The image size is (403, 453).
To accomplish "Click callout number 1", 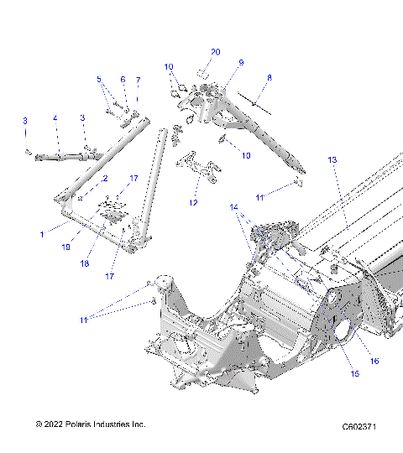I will point(42,235).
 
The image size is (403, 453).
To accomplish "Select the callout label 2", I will point(105,179).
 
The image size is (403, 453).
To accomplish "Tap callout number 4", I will point(55,119).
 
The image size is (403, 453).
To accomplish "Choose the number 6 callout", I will point(123,80).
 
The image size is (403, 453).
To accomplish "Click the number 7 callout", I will point(139,80).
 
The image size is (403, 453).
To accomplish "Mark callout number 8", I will point(270,78).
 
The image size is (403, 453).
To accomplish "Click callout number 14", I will point(234,206).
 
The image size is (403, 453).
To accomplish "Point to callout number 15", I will point(355,373).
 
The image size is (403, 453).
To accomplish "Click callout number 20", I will point(215,52).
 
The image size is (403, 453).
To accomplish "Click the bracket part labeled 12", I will point(196,165).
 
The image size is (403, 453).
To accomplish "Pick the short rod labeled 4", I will point(63,156).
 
